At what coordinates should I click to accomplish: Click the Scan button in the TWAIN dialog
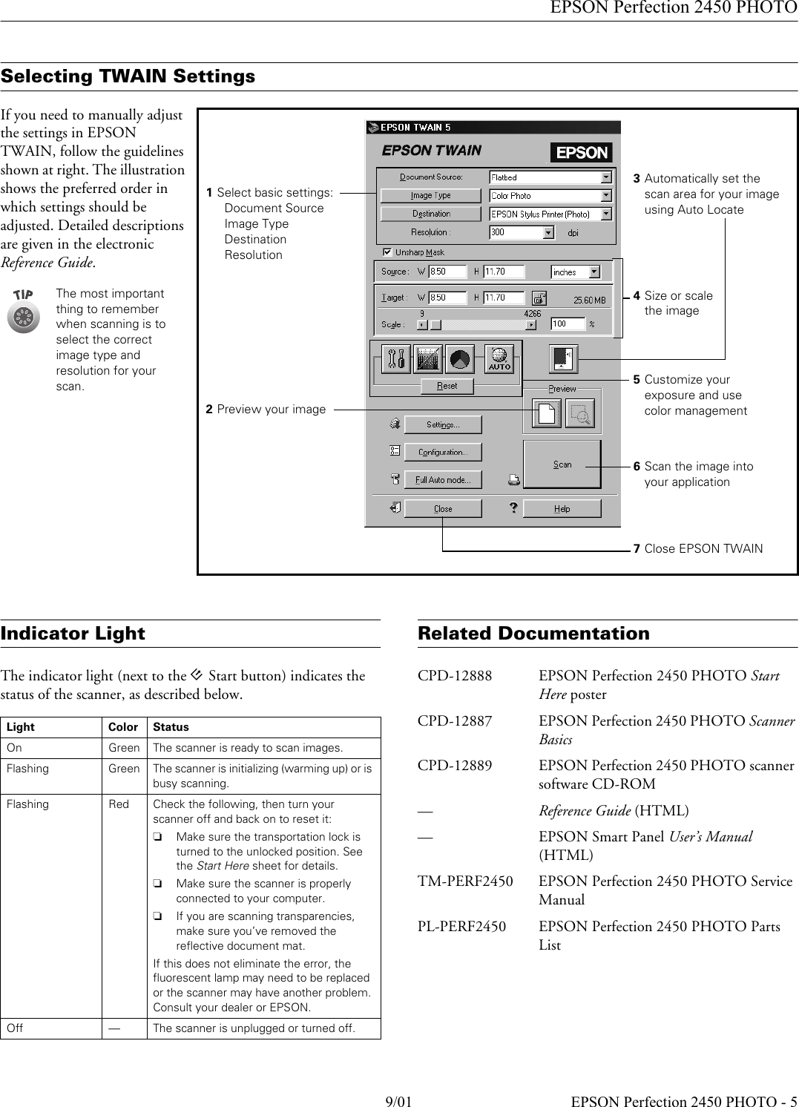click(x=562, y=464)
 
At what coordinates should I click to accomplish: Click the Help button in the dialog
click(x=562, y=508)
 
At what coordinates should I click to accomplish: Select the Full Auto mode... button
click(x=443, y=480)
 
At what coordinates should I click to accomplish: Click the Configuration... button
click(x=443, y=452)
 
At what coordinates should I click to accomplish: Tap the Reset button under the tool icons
click(x=447, y=386)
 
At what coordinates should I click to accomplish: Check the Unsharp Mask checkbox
click(x=387, y=252)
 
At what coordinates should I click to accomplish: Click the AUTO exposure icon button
click(x=499, y=359)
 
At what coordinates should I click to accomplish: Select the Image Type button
click(x=431, y=195)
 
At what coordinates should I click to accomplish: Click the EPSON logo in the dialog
click(x=581, y=152)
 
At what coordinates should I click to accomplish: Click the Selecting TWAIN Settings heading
click(x=128, y=76)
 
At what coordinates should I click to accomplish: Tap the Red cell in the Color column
click(x=119, y=804)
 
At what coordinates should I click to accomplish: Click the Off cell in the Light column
click(x=15, y=1028)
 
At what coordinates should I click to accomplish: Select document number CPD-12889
click(x=454, y=766)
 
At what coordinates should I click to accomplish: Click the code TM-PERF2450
click(x=464, y=881)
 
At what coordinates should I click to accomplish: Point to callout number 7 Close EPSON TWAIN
click(x=697, y=549)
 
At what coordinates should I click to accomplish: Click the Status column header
click(x=171, y=727)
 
